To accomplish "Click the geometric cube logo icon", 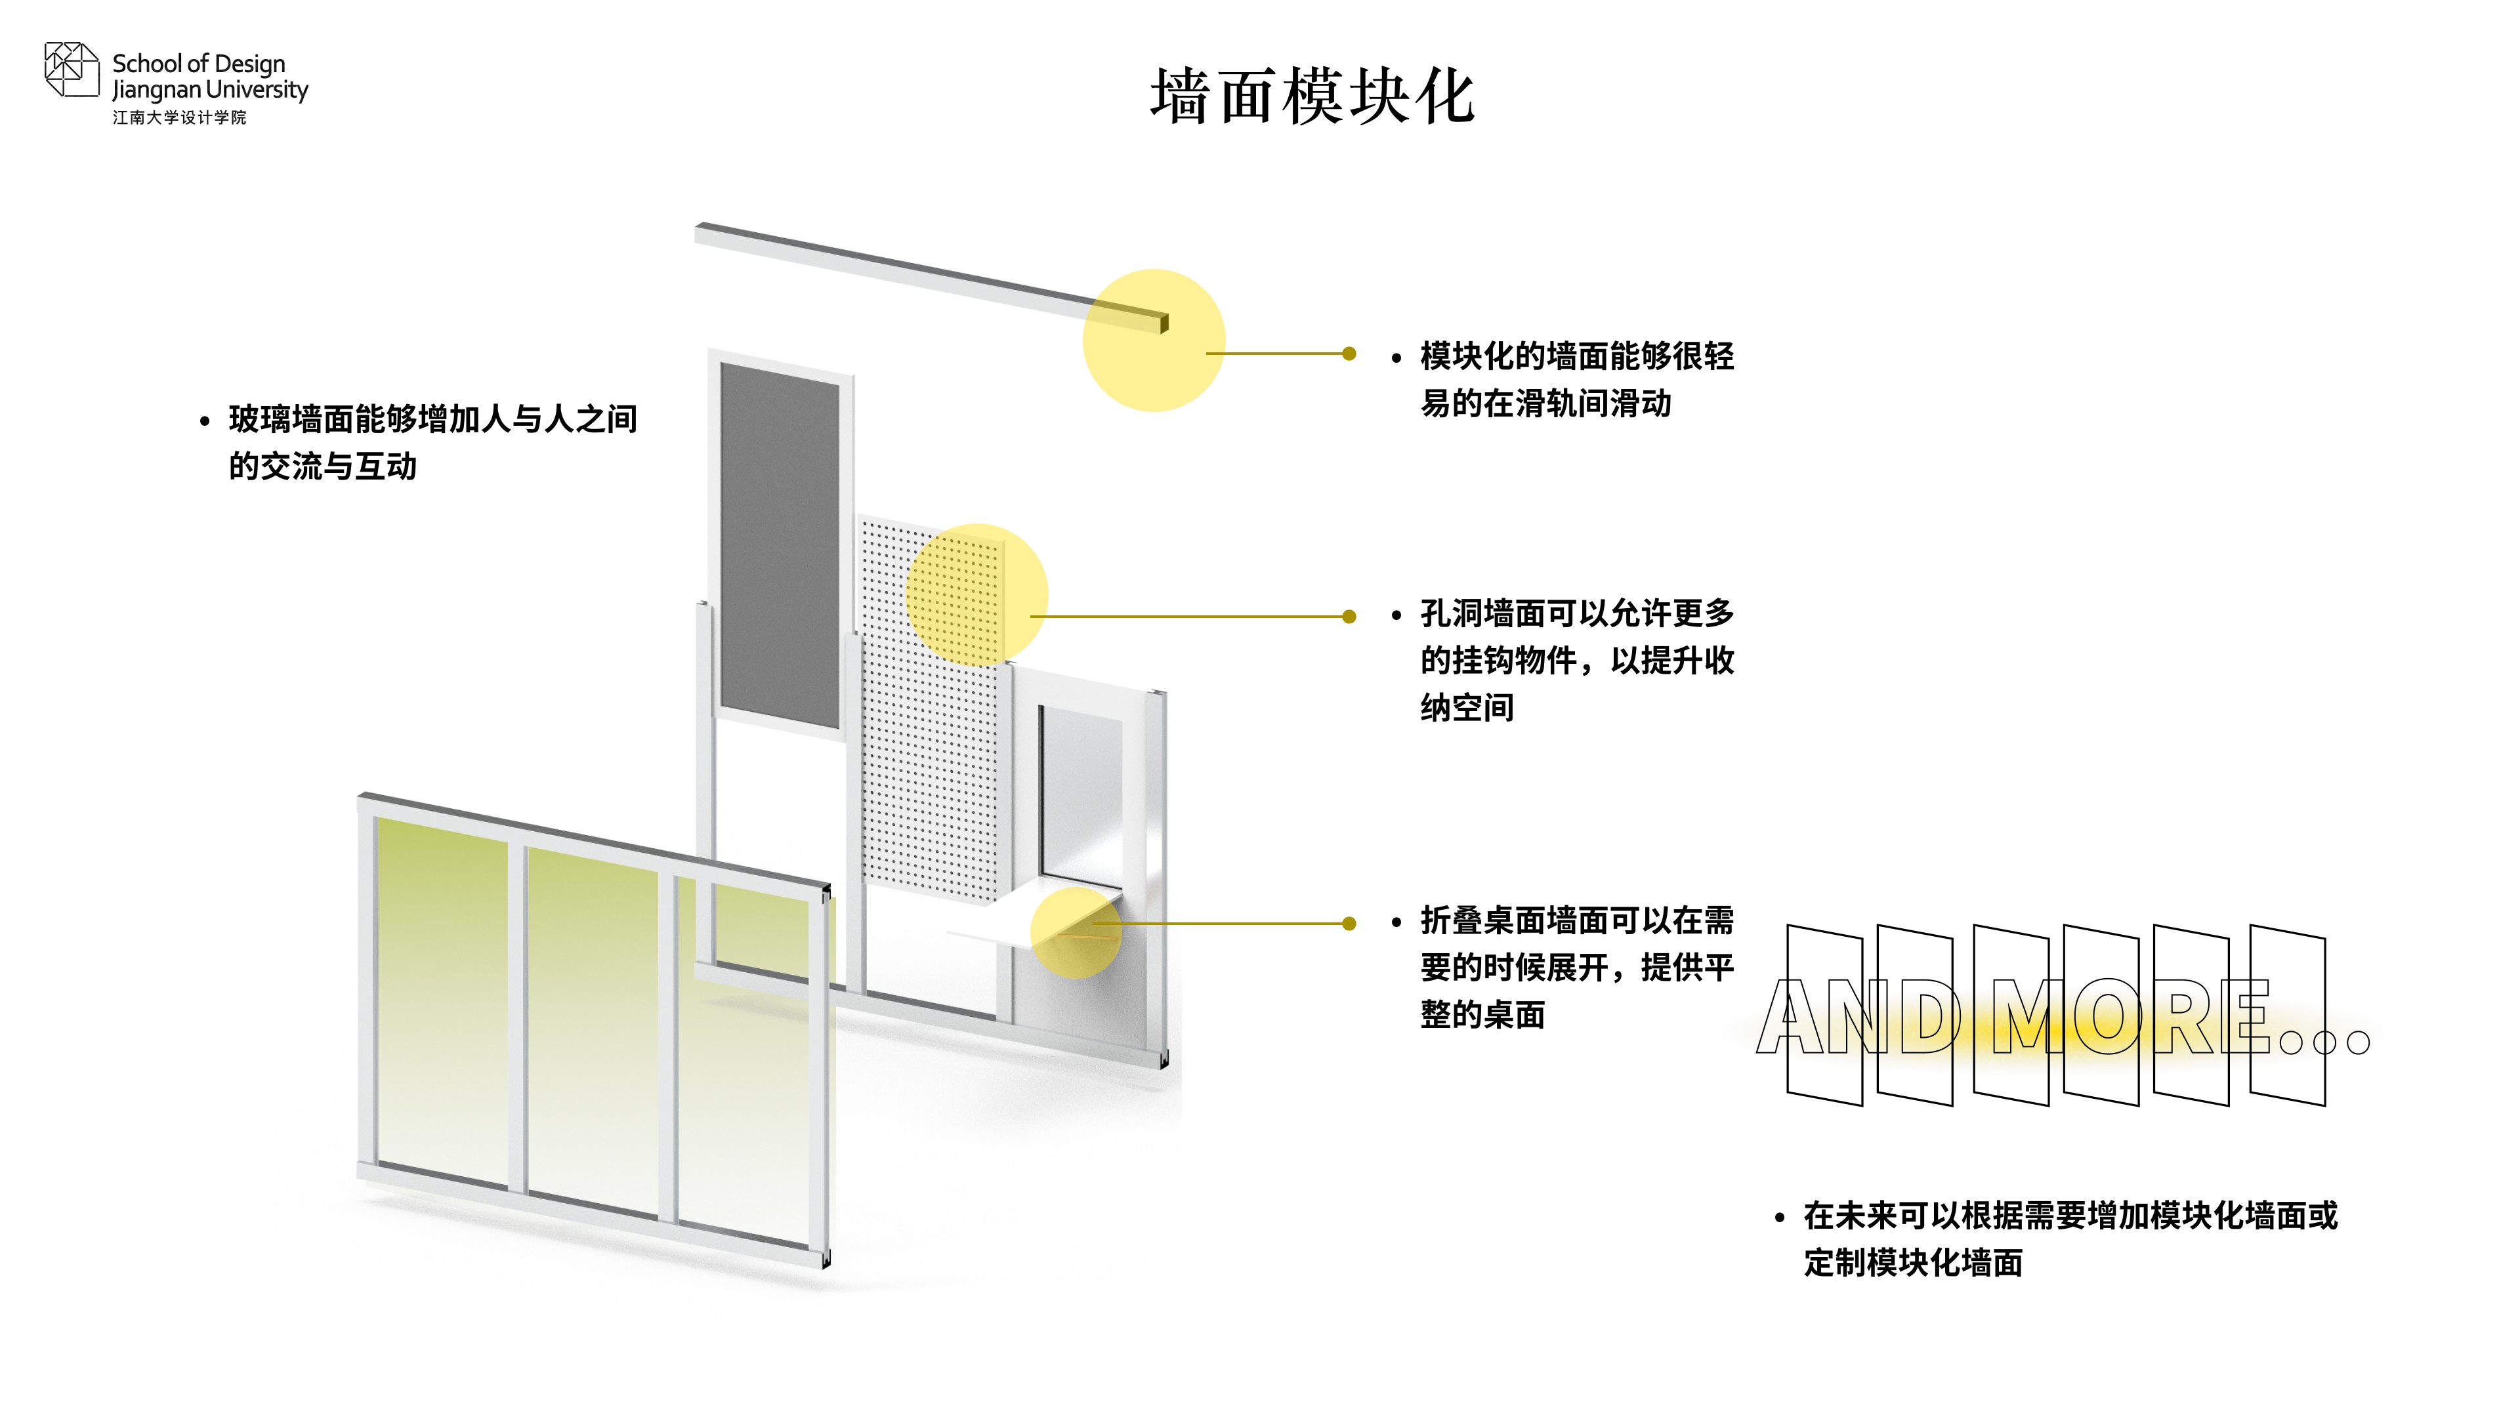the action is [72, 70].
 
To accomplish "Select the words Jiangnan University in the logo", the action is [210, 90].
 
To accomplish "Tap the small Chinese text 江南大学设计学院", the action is [179, 117].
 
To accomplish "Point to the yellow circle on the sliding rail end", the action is [1154, 340].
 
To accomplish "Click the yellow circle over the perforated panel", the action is [976, 594].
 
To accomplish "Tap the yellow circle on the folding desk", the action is [1076, 933].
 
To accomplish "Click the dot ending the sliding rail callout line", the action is [1349, 353].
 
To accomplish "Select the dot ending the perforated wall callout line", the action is [1349, 616].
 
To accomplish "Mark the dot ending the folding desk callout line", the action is [1349, 923].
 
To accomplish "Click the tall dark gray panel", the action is [780, 546].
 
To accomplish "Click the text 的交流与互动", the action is [323, 466].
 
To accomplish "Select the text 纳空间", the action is [1467, 707].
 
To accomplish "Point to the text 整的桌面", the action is [1483, 1014].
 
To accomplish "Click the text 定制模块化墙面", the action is [1914, 1262].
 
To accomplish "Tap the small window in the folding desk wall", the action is [1080, 792].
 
